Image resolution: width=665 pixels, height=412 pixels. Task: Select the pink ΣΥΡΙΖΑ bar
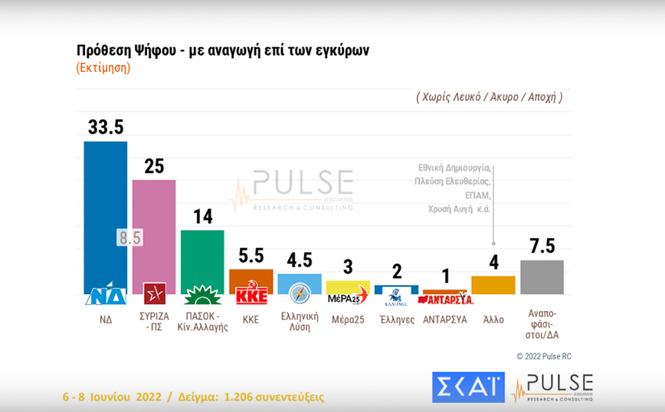pos(154,230)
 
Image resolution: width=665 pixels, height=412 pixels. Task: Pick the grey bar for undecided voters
pos(542,276)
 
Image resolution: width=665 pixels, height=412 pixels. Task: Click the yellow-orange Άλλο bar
pos(493,285)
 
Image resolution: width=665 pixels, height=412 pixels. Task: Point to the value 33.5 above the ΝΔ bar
pos(105,127)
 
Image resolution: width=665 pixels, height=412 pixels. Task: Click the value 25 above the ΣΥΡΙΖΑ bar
pos(154,165)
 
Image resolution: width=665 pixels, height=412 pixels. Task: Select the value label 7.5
pos(542,246)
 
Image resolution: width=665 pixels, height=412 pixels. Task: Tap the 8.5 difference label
pos(129,237)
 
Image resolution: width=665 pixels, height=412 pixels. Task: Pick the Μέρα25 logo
pos(348,296)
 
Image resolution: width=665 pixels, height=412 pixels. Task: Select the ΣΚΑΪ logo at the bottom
pos(468,387)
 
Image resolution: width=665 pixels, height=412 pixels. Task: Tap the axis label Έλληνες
pos(397,319)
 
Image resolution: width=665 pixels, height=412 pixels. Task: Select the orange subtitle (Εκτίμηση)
pos(103,67)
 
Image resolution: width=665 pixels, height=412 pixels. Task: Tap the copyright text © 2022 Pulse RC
pos(543,356)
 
